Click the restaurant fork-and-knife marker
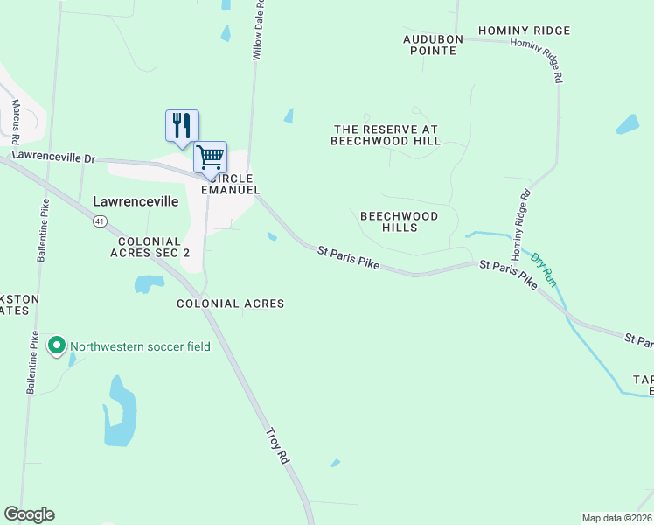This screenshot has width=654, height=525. pos(182,124)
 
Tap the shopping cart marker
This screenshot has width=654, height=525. pos(210,157)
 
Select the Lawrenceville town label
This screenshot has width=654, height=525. pos(136,201)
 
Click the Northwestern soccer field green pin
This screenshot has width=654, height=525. pos(58,346)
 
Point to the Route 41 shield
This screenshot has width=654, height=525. pos(101,221)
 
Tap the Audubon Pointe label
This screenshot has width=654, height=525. pos(430,45)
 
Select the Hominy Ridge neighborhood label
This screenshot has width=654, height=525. pos(524,31)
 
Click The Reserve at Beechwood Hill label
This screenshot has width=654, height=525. pos(386,135)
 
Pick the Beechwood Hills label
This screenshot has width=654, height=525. pos(399,220)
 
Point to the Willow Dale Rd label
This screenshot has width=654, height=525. pos(258,31)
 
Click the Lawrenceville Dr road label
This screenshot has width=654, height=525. pos(52,157)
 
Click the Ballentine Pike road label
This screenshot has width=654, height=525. pos(40,233)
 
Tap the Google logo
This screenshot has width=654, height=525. pos(29,514)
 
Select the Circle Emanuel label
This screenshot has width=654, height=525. pos(229,184)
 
